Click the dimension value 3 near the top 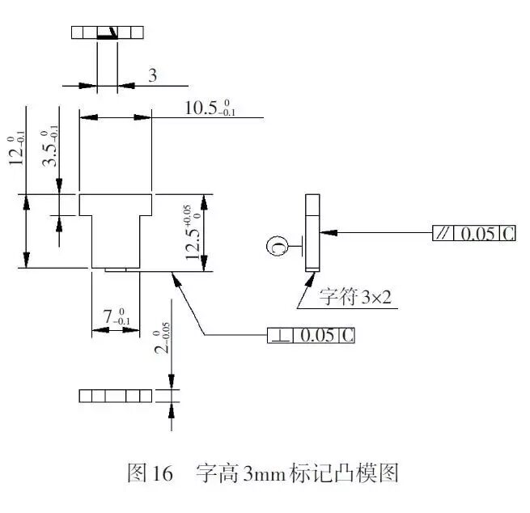(x=152, y=76)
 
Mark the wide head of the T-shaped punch (x=116, y=204)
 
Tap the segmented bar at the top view (x=108, y=33)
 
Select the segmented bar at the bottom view (x=115, y=396)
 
